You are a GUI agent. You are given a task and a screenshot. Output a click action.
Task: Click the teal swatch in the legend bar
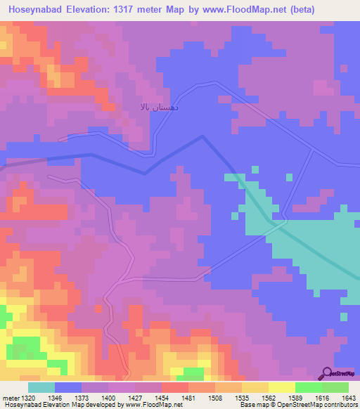pos(41,387)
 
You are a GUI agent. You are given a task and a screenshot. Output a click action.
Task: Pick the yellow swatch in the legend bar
pos(281,387)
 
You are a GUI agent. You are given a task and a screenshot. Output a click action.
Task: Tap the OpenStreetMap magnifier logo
pos(327,373)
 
